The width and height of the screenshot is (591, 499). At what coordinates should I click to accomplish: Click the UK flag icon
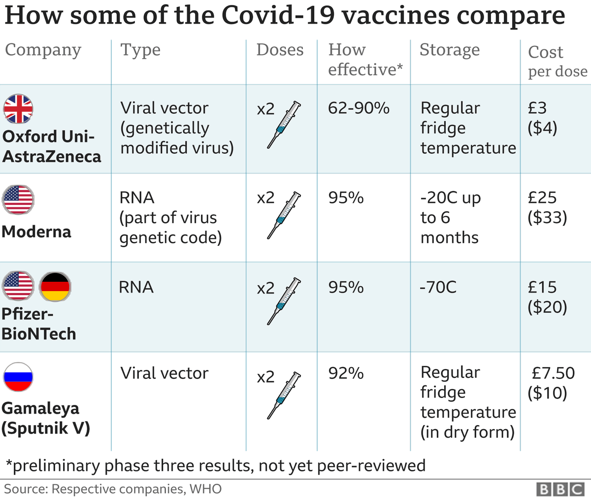[x=18, y=108]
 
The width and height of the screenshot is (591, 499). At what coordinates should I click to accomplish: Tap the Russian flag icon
[x=18, y=377]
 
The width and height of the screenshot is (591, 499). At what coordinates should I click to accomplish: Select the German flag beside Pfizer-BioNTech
[x=55, y=286]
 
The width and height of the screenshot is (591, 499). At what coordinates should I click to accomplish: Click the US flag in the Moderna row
[x=18, y=200]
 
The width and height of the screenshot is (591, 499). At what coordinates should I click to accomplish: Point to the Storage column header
[x=449, y=50]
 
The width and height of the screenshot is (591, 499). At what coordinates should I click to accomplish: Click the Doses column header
[x=280, y=50]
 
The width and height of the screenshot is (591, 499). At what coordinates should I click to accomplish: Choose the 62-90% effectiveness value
[x=359, y=108]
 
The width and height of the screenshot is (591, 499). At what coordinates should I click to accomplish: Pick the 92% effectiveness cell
[x=346, y=373]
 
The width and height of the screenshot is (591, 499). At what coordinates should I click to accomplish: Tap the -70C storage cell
[x=438, y=287]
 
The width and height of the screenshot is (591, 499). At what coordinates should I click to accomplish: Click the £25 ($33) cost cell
[x=547, y=207]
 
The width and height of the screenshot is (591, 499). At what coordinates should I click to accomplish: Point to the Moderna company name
[x=36, y=232]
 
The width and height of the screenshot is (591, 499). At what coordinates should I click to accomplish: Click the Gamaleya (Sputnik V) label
[x=45, y=418]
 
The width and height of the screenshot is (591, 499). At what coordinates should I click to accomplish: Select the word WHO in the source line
[x=206, y=489]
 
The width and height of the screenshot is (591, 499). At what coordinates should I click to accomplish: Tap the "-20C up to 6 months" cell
[x=449, y=218]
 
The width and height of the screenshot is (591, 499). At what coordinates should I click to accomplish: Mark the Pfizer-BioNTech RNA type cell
[x=136, y=287]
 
